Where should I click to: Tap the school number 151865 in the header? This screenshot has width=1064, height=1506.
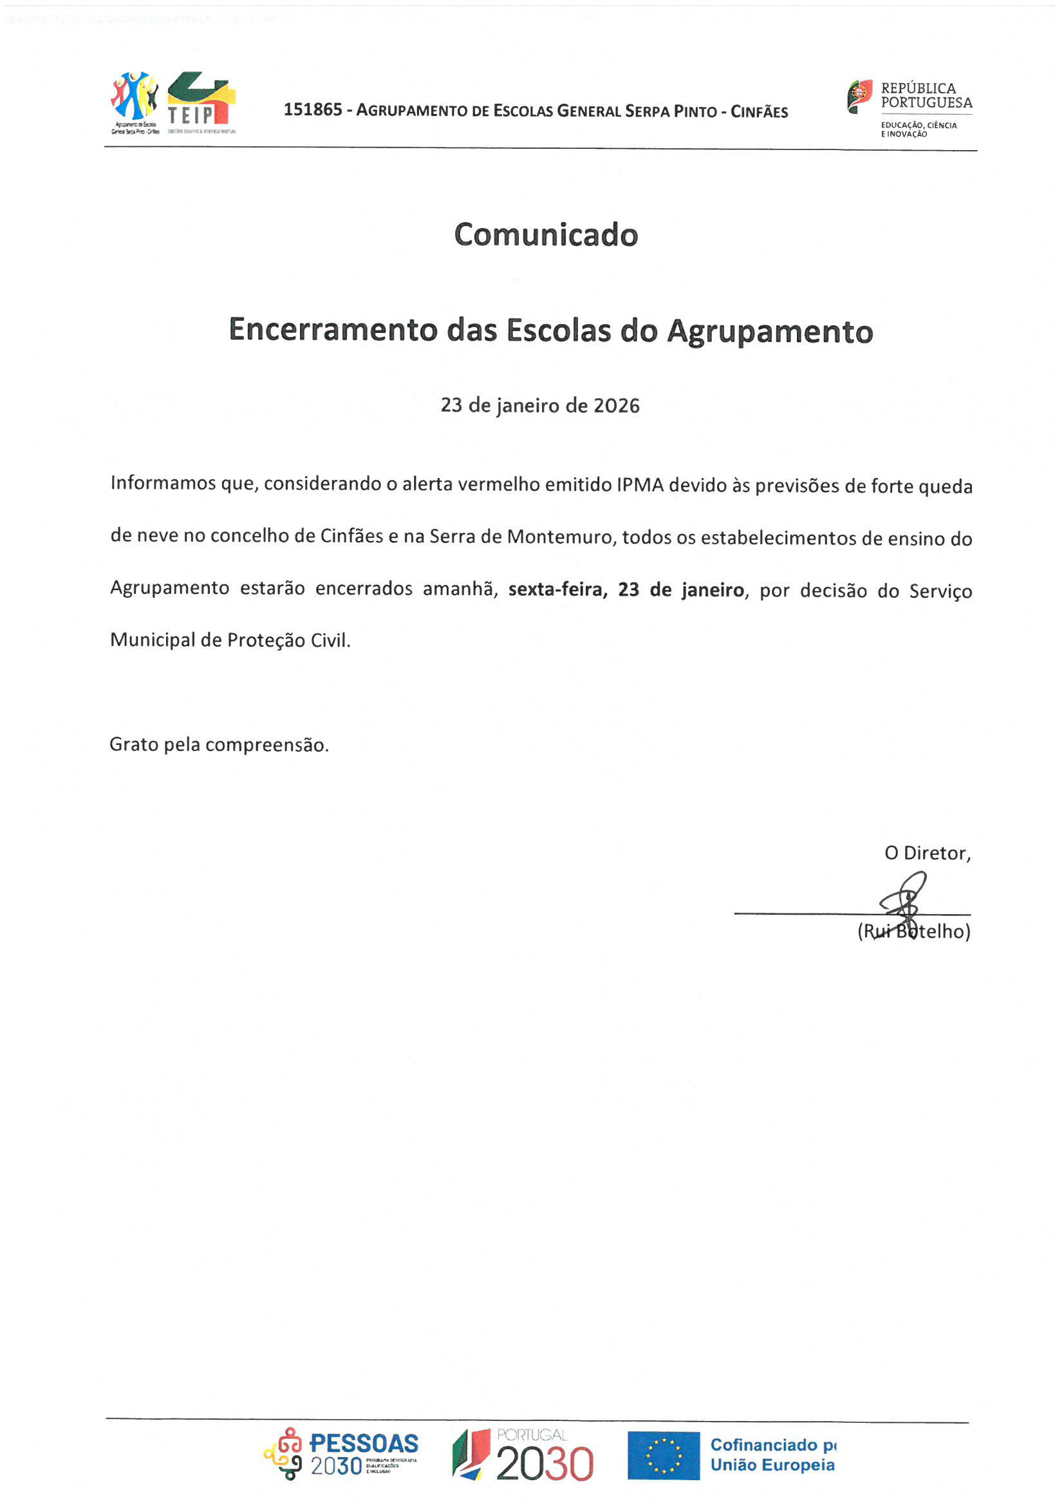click(313, 110)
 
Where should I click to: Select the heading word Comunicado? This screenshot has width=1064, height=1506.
click(545, 235)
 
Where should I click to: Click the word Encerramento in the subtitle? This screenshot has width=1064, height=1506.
click(331, 329)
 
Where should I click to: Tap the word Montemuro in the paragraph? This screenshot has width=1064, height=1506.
click(561, 537)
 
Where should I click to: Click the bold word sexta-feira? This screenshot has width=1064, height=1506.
click(556, 589)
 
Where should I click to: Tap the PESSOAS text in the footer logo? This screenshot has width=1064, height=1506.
click(364, 1443)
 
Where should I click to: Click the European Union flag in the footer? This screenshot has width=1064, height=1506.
click(664, 1455)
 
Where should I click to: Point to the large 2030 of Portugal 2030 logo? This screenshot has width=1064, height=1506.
click(544, 1464)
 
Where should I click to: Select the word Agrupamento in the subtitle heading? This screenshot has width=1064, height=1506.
click(770, 330)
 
